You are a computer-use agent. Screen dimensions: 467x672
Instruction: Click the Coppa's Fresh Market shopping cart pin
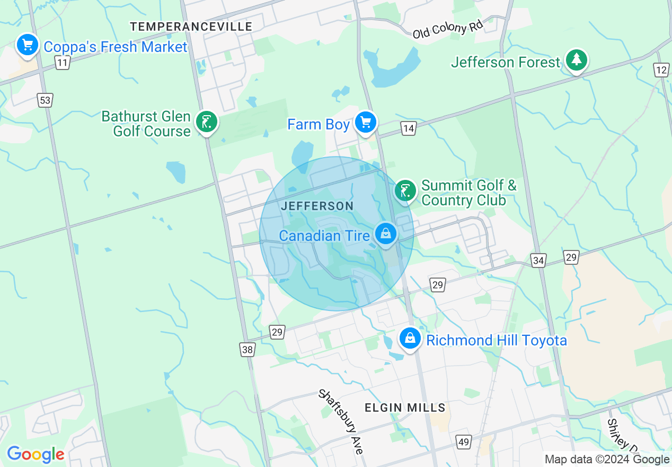point(27,46)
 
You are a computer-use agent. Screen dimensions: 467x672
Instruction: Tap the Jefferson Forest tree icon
point(576,60)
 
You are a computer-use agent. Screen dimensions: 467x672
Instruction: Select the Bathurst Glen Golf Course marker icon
point(206,123)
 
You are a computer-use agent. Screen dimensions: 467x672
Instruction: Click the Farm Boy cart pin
point(365,123)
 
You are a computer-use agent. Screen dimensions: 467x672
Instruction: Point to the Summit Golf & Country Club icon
point(405,191)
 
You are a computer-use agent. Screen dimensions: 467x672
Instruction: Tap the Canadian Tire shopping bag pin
point(385,233)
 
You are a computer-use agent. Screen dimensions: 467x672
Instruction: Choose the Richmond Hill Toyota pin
point(410,338)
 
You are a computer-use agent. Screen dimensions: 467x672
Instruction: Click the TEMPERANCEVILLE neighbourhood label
point(191,27)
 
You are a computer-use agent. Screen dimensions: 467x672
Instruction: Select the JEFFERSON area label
point(317,206)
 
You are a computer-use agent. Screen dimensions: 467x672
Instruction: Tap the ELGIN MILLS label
point(405,408)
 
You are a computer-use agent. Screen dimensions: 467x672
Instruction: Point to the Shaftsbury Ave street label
point(341,421)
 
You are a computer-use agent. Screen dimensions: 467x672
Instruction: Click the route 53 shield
point(46,100)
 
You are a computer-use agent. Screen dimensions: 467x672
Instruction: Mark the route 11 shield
point(63,63)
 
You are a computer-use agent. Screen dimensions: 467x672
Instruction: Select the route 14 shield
point(408,128)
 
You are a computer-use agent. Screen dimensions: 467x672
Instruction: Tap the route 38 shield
point(247,349)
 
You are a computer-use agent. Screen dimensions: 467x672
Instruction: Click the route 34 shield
point(538,261)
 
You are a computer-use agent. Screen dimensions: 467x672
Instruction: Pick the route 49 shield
point(463,441)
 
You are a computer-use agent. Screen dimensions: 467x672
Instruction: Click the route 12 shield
point(661,70)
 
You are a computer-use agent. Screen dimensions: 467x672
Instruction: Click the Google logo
point(36,454)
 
